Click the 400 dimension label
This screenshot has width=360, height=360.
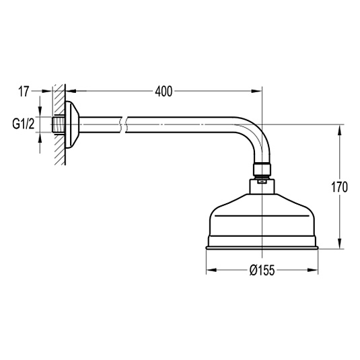[164, 92]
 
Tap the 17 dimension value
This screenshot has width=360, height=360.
[24, 92]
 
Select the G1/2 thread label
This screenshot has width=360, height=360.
[23, 124]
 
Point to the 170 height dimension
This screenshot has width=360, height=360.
[339, 186]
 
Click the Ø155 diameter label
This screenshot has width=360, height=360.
[262, 270]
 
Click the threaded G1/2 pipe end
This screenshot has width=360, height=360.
[59, 124]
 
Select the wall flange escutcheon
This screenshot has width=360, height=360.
[71, 124]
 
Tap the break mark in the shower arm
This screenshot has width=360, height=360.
[122, 124]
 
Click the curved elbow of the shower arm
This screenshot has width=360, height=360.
[256, 133]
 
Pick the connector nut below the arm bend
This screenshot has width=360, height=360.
[262, 169]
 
